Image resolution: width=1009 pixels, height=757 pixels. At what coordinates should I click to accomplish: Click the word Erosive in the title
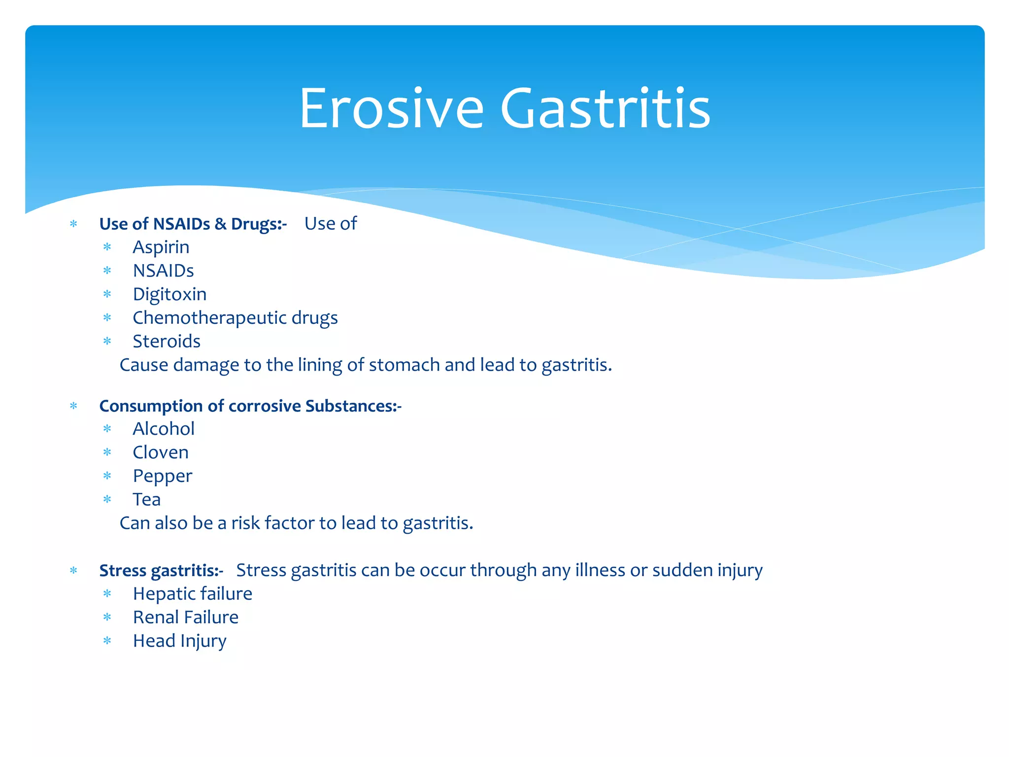tap(392, 108)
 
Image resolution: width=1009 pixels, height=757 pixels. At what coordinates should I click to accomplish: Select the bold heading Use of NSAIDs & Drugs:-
tap(193, 224)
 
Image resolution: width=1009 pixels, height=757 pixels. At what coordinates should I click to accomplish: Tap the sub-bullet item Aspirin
tap(161, 247)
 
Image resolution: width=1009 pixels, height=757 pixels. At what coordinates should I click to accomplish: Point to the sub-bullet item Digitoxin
tap(169, 294)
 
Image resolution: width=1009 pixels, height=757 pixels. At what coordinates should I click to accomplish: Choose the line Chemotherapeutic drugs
tap(235, 318)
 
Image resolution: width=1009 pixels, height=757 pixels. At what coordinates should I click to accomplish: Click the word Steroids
tap(167, 341)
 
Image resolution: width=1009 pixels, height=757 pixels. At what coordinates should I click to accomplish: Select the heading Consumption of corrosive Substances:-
tap(250, 406)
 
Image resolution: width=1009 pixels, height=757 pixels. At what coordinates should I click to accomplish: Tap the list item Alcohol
tap(164, 429)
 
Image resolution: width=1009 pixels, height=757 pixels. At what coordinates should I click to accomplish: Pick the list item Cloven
tap(161, 452)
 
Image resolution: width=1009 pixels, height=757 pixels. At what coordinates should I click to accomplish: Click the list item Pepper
tap(162, 476)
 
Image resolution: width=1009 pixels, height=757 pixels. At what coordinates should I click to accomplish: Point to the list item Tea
tap(146, 500)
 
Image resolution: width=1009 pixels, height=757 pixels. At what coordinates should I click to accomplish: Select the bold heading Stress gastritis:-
tap(161, 570)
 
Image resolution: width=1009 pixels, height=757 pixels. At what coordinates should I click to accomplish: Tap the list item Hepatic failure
tap(192, 594)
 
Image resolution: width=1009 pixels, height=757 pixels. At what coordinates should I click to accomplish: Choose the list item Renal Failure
tap(185, 618)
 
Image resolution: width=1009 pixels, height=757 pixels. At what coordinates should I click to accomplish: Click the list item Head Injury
tap(179, 641)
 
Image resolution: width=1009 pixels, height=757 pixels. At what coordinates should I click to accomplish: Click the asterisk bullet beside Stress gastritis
tap(74, 571)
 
